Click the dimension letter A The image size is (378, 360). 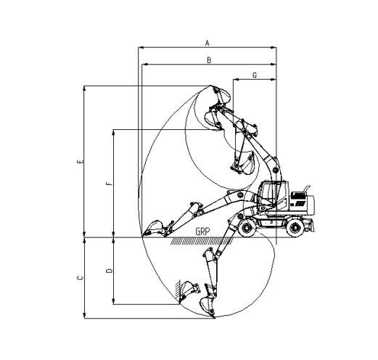coord(207,43)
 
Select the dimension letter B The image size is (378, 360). coord(209,60)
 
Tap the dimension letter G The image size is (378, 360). coord(255,75)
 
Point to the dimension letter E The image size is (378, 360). coord(81,161)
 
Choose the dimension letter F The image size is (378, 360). coord(110,183)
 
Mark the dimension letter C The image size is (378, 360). coord(81,278)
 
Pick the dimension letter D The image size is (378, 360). coord(110,271)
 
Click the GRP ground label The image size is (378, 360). coord(202,232)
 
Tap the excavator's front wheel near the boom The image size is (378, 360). coord(247,228)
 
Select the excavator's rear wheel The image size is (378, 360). coord(295,228)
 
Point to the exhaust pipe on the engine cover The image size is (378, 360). coord(305,189)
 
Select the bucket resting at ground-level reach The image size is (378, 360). coord(154,228)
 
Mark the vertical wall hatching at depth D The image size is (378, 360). coord(178,292)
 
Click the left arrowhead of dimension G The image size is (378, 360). coord(236,79)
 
